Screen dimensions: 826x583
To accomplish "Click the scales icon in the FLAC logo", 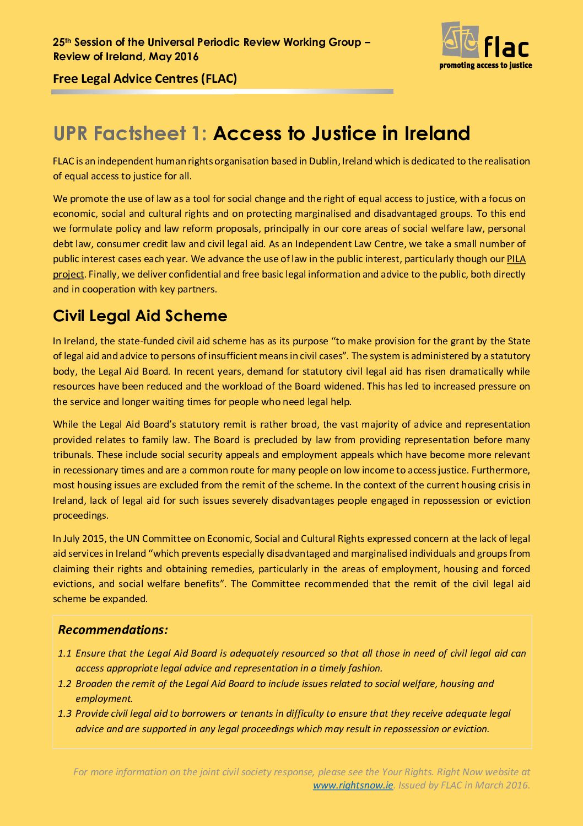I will coord(460,40).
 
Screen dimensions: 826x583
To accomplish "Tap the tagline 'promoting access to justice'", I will coord(485,65).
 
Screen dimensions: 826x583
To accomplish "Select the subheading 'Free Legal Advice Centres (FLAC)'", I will coord(145,78).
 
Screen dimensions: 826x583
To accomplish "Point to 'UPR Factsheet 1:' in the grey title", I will coord(130,134).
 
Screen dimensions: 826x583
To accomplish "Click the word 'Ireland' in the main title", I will coord(437,134).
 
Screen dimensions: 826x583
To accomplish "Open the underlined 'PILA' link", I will coord(516,259).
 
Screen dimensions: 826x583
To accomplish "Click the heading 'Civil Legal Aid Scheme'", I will coord(140,316).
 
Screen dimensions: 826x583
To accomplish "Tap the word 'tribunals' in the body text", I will coord(73,455).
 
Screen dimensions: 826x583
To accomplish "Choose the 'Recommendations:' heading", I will coord(113,630).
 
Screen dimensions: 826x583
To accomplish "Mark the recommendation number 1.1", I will coord(64,653).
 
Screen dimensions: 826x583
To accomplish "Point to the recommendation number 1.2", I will coord(64,684).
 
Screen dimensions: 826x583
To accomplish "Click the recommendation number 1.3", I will coord(64,713).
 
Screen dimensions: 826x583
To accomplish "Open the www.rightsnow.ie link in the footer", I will coord(353,785).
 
